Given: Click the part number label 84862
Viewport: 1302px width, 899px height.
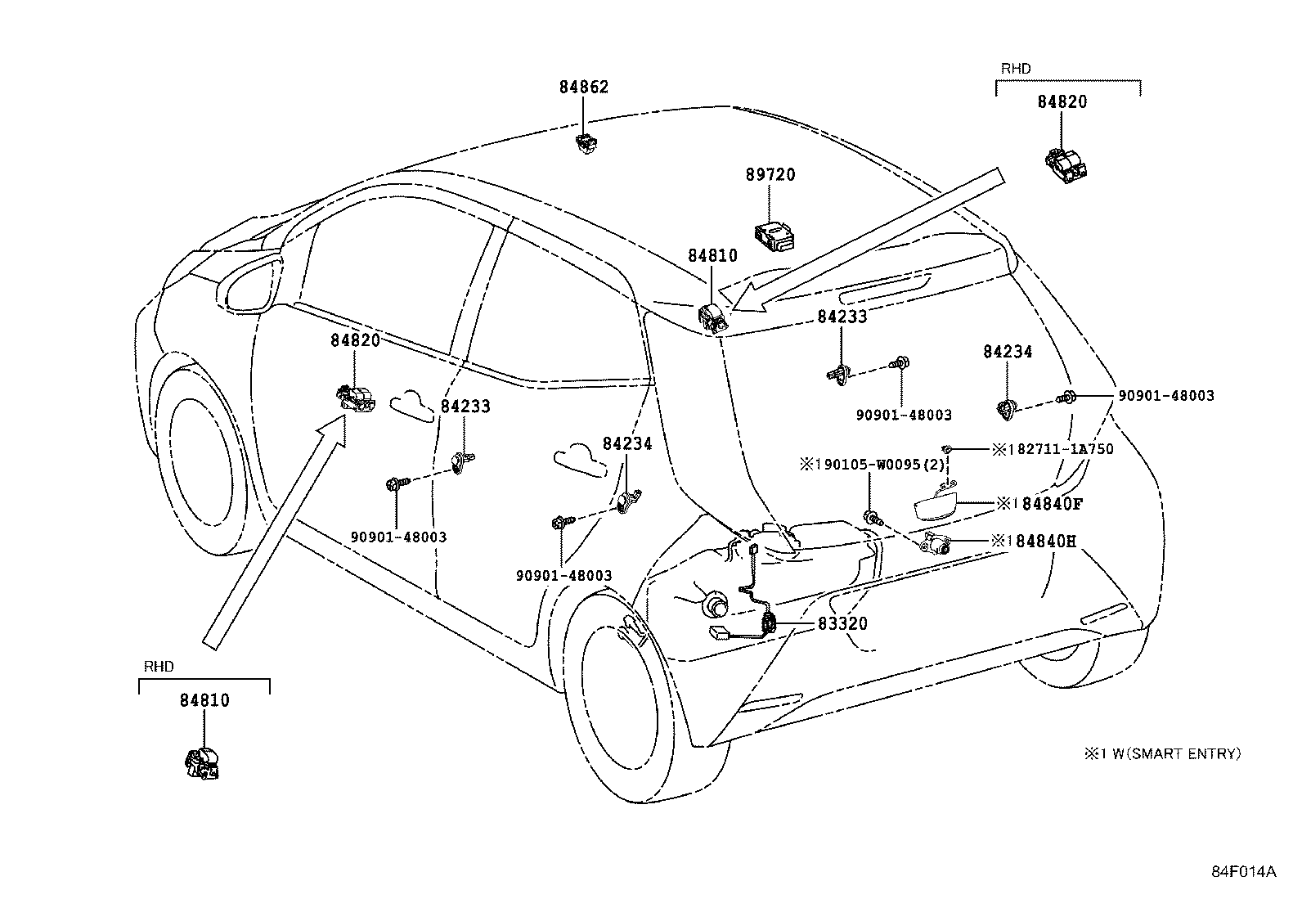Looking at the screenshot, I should tap(584, 87).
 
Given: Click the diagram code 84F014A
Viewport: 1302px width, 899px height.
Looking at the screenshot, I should tap(1243, 871).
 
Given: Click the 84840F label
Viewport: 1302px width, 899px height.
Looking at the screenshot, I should tap(1043, 504).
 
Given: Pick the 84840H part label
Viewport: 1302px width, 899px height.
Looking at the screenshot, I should tap(1043, 541).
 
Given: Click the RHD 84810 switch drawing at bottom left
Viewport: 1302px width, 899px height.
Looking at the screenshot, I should tap(201, 762).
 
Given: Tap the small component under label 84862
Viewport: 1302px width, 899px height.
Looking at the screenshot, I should tap(585, 145).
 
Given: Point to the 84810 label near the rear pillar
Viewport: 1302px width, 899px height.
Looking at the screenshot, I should tap(712, 255).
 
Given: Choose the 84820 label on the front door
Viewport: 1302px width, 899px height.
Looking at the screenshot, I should tap(355, 339).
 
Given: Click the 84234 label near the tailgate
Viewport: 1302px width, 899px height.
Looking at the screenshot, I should tap(1008, 352).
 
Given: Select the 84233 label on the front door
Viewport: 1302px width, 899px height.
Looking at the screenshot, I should tap(465, 406).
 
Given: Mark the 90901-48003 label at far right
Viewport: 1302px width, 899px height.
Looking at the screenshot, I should tap(1165, 396).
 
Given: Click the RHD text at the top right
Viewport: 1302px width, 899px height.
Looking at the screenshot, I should tap(1016, 70).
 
